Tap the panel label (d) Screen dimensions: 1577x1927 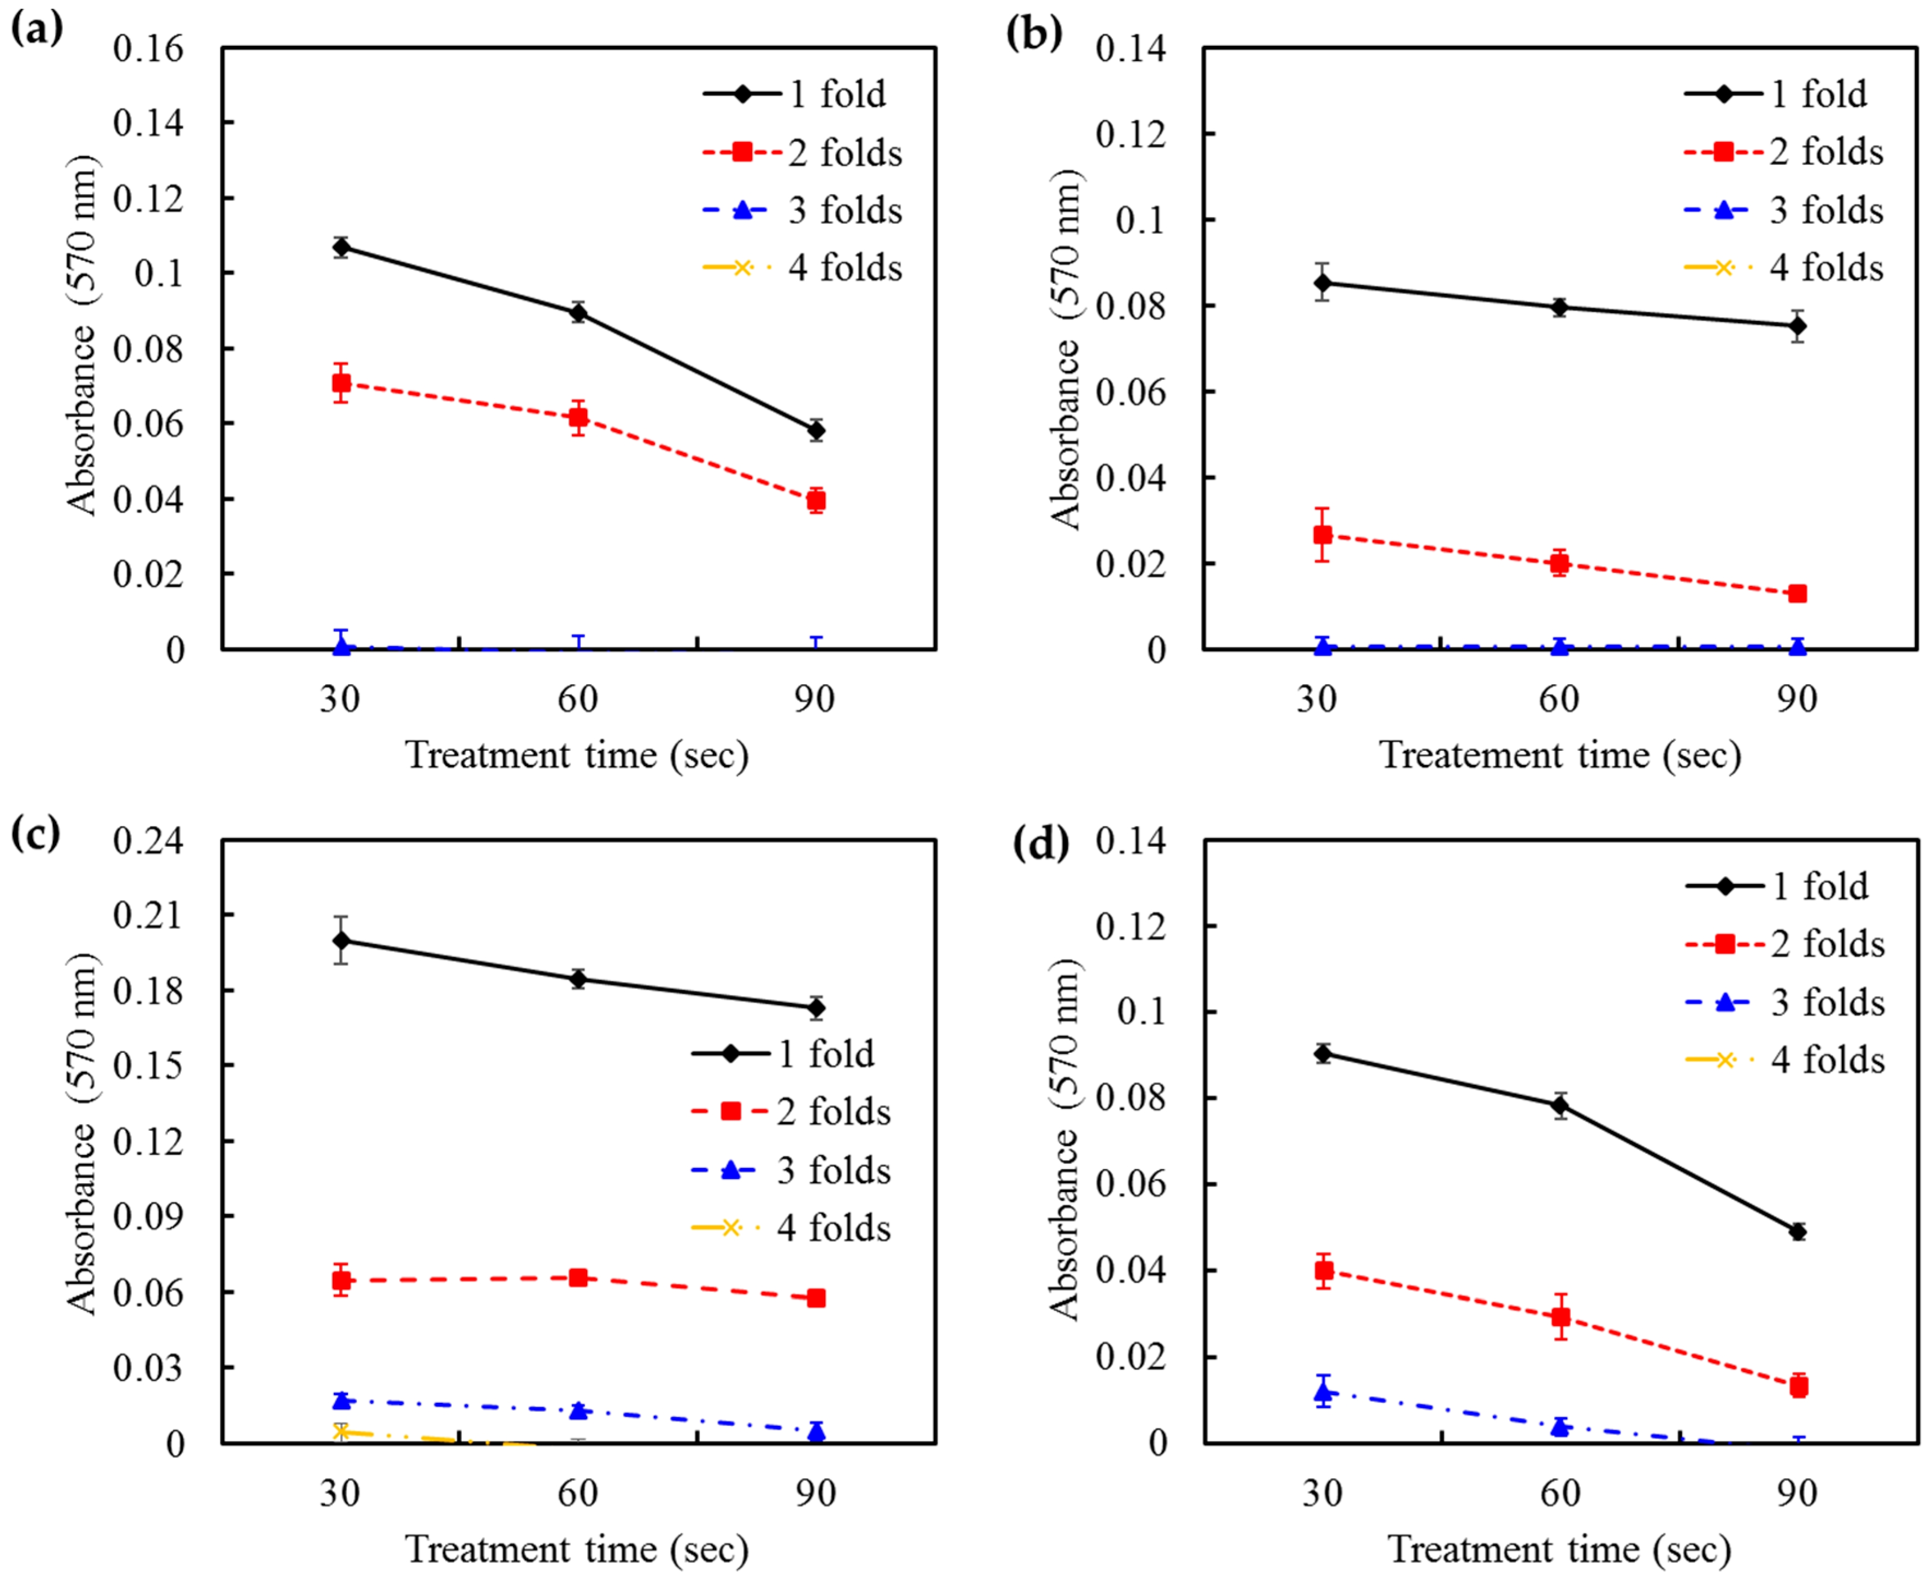1041,844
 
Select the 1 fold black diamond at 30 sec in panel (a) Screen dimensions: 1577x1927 341,247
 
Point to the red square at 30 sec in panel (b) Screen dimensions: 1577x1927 1323,535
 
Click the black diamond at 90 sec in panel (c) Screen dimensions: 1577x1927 816,1007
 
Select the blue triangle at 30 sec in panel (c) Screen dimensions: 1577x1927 341,1400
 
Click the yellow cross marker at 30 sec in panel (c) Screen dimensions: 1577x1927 341,1432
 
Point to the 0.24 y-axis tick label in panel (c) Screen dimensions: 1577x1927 148,841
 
